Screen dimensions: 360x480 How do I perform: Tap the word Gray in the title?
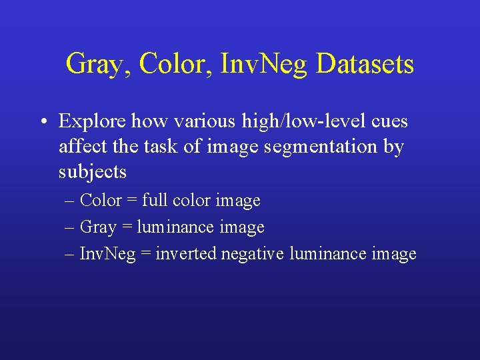[91, 65]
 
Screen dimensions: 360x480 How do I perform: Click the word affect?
[79, 146]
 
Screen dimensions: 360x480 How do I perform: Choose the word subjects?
[93, 171]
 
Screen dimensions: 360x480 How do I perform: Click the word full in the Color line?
[153, 200]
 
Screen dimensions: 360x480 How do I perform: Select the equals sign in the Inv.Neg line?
[147, 254]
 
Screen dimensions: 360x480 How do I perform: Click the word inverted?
[186, 253]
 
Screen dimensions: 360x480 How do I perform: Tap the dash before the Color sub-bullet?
[70, 201]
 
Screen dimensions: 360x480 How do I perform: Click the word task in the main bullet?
[163, 146]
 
